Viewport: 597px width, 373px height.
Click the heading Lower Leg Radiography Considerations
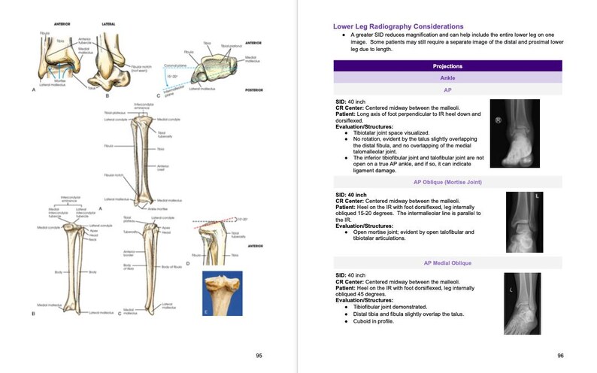pos(398,27)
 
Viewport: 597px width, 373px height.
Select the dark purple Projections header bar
pos(447,65)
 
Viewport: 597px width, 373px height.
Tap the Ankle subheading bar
pos(447,77)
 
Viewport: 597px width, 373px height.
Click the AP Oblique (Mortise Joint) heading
pos(447,182)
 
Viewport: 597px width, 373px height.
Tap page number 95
pos(259,355)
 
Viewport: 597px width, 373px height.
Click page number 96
pos(560,355)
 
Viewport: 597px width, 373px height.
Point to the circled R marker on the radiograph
pos(498,120)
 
